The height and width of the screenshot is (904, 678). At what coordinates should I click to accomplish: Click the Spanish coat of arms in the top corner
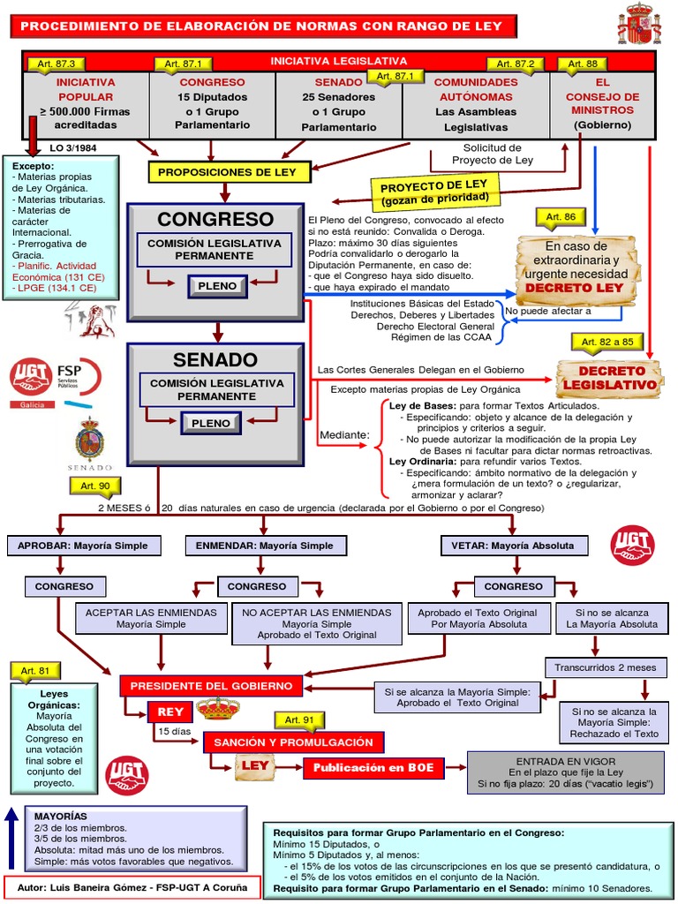point(638,24)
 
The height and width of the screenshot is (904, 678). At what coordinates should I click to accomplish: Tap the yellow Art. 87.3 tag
point(57,64)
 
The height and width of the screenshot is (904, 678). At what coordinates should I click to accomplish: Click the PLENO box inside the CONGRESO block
point(216,287)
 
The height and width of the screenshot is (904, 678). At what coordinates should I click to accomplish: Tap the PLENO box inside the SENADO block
point(211,424)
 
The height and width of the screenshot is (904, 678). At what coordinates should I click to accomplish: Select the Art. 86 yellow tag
point(561,217)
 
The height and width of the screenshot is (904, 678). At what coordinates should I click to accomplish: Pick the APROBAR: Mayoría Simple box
point(84,546)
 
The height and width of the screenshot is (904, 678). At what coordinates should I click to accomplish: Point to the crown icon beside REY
point(218,709)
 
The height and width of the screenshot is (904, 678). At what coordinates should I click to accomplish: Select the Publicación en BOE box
point(373,768)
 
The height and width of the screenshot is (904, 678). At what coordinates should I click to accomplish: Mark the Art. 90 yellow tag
point(94,486)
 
